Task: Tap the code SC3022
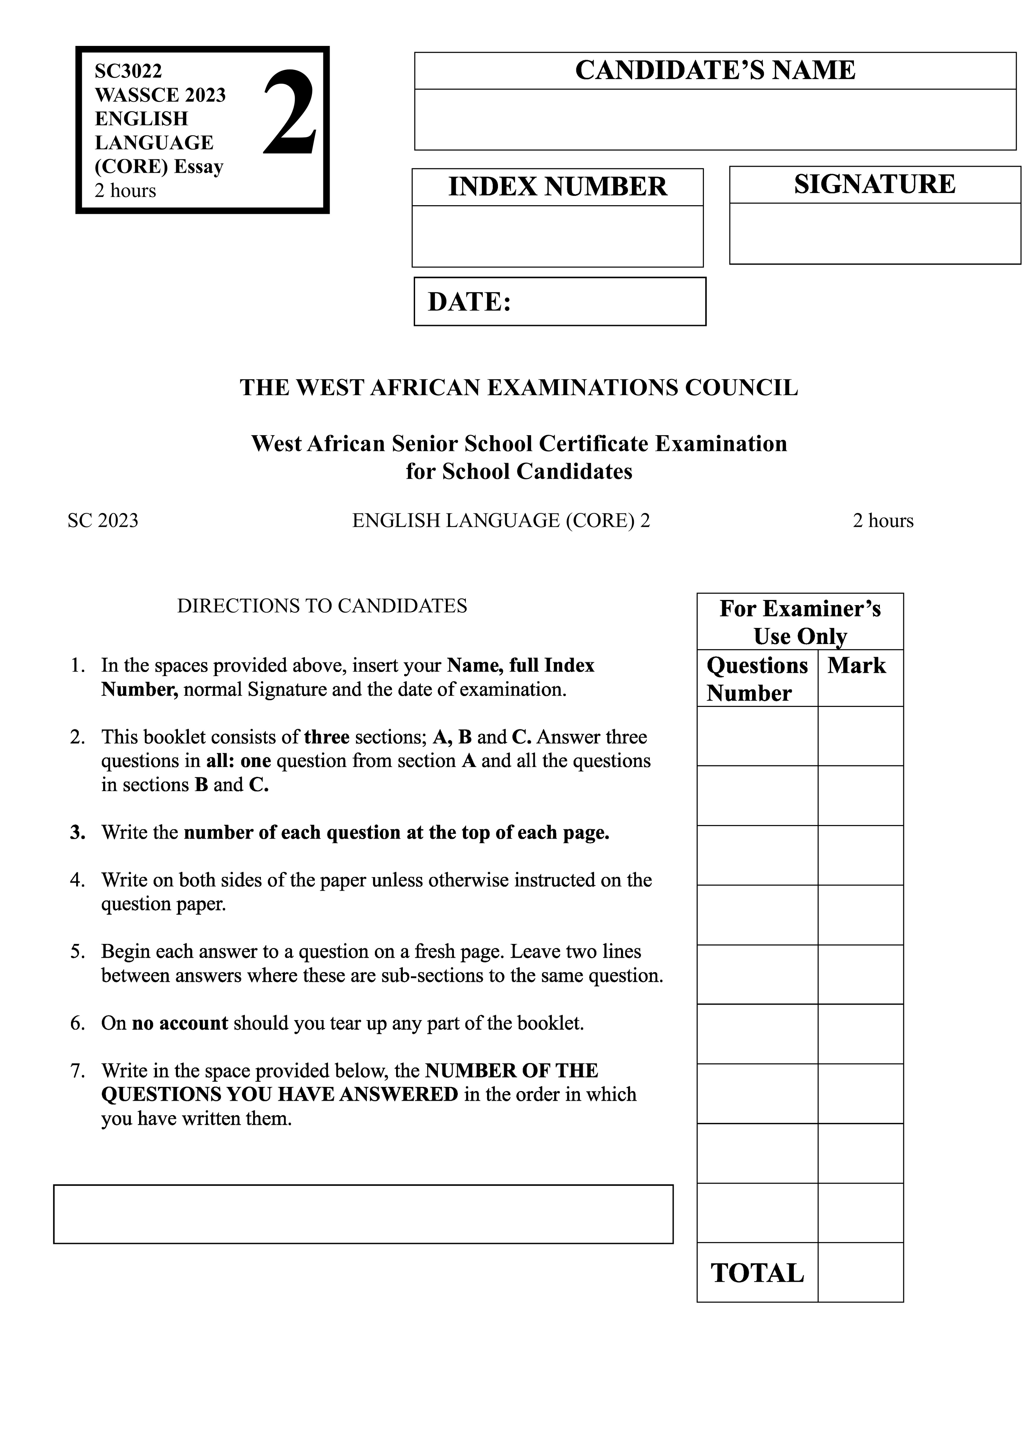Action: pyautogui.click(x=128, y=70)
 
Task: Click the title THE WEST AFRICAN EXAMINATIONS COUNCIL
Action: pyautogui.click(x=519, y=388)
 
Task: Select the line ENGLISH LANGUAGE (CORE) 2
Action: pyautogui.click(x=501, y=521)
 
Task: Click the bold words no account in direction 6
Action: pyautogui.click(x=180, y=1023)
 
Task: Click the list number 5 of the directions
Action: pyautogui.click(x=77, y=952)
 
